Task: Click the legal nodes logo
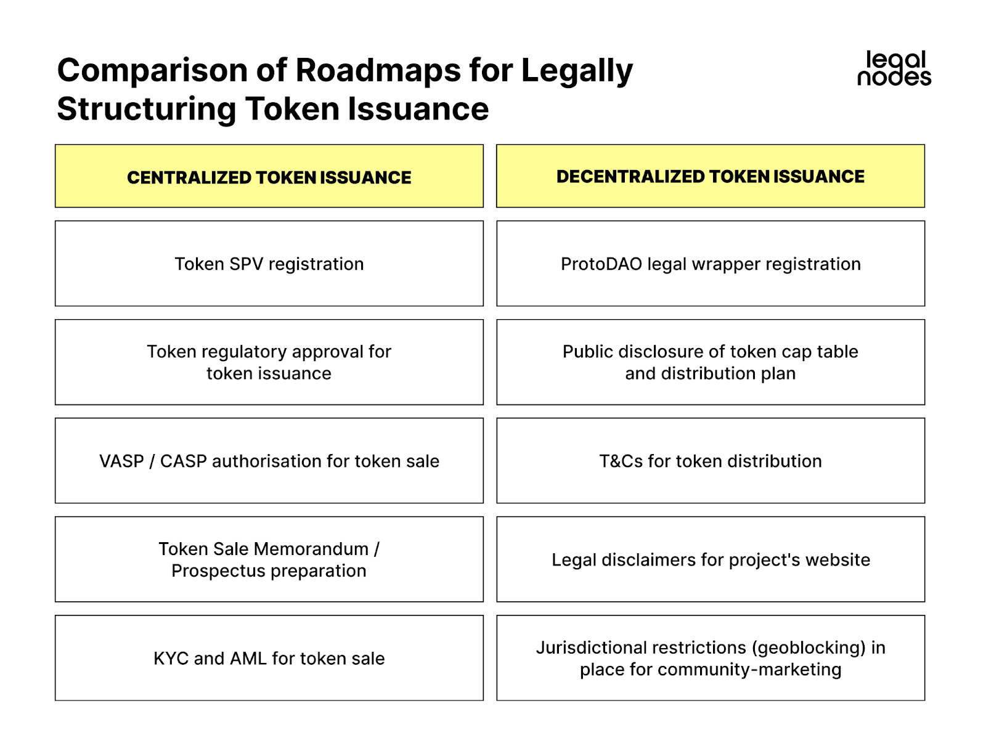(x=894, y=68)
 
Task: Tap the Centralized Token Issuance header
(x=269, y=177)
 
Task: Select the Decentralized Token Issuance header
(x=711, y=176)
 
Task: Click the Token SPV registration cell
(x=269, y=264)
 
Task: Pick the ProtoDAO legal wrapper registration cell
(x=711, y=264)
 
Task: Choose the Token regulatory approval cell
(x=269, y=362)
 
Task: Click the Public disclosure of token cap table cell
(x=711, y=362)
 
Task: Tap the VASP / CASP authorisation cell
(x=269, y=461)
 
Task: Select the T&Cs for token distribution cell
(x=711, y=461)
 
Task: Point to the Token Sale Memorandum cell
(x=269, y=559)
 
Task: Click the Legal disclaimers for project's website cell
(x=711, y=559)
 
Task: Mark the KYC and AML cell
(x=269, y=658)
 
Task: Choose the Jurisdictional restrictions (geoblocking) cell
(x=711, y=658)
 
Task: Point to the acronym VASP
(x=121, y=461)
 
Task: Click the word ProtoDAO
(x=601, y=264)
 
